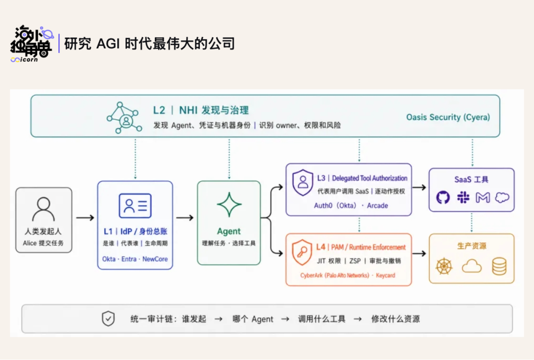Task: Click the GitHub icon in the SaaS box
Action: [x=443, y=197]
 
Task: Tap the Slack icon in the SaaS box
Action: [x=463, y=197]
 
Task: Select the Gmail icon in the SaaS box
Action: [x=483, y=197]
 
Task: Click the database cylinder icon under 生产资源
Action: [x=499, y=267]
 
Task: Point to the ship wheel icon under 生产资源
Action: [x=444, y=267]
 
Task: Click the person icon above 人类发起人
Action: [x=43, y=209]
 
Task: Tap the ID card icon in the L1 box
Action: [x=135, y=206]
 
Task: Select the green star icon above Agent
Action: [x=229, y=204]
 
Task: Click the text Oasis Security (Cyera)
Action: [x=448, y=117]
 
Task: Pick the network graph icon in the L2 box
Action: [x=124, y=118]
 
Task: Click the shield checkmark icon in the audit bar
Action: [x=108, y=319]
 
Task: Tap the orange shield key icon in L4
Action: [x=302, y=252]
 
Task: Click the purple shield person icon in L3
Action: [x=303, y=182]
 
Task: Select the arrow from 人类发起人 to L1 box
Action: [x=85, y=218]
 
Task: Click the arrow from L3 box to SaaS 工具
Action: [x=419, y=187]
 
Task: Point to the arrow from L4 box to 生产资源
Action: [x=419, y=253]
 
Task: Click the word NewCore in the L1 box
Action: [x=155, y=259]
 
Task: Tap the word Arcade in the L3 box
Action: [x=377, y=206]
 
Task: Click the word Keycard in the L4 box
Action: [x=386, y=275]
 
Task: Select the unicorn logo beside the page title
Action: [x=32, y=44]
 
